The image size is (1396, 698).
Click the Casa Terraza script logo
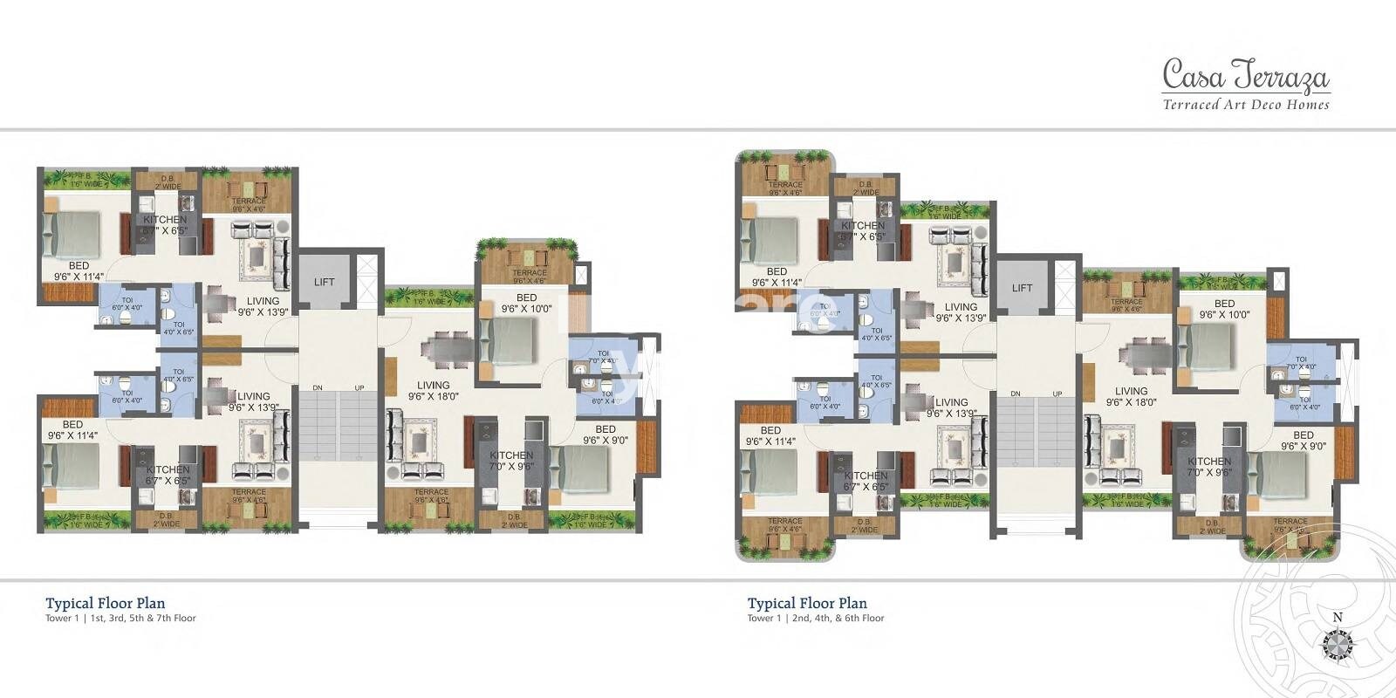[x=1246, y=76]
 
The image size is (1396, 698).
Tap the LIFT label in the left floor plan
[x=325, y=282]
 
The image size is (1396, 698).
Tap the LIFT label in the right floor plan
[x=1023, y=288]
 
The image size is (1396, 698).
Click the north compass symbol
[x=1337, y=646]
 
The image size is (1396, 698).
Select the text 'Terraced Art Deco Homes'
[x=1246, y=105]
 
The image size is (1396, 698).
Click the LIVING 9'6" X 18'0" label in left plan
[x=433, y=390]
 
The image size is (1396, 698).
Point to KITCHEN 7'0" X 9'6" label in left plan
[x=511, y=461]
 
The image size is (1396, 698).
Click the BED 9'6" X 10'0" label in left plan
[x=526, y=303]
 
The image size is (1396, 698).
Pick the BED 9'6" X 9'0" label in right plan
[x=1304, y=441]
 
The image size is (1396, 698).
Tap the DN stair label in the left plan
[x=318, y=387]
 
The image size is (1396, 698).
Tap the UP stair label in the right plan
[x=1057, y=393]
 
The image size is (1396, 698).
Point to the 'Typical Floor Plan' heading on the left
[x=106, y=603]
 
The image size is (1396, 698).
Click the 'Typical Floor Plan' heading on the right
[x=807, y=603]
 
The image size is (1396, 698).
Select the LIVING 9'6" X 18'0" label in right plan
[x=1131, y=397]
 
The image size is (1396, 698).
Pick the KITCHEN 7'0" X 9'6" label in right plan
[x=1209, y=467]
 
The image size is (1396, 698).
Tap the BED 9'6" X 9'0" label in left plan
[x=606, y=435]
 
